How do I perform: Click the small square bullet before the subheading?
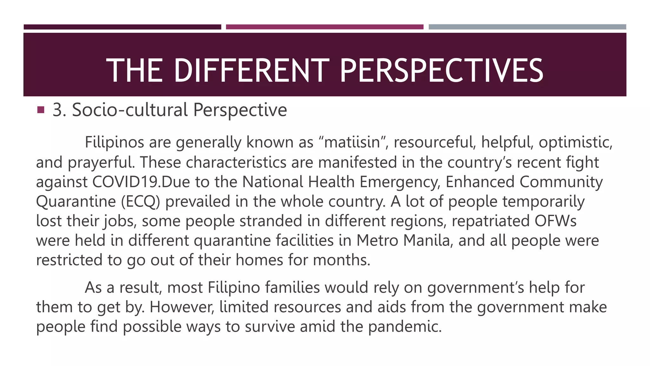(40, 110)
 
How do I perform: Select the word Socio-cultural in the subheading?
(130, 110)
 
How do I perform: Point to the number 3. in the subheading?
(59, 110)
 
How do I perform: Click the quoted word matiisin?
(352, 142)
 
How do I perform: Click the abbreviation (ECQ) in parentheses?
(141, 201)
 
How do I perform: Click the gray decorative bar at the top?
(527, 27)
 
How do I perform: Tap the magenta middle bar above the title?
(325, 27)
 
